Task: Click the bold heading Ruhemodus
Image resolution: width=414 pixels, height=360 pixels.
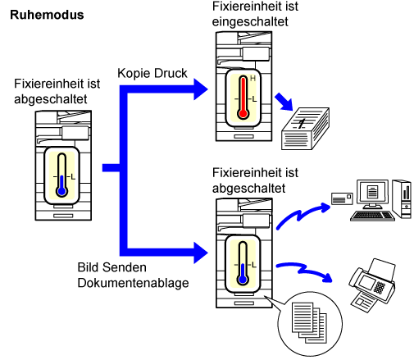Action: coord(47,15)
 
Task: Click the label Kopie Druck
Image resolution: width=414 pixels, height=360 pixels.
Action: coord(152,74)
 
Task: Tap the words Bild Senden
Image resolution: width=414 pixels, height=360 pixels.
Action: coord(111,267)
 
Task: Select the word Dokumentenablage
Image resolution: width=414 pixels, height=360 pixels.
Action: coord(133,283)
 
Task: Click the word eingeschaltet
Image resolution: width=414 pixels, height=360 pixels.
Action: coord(250,21)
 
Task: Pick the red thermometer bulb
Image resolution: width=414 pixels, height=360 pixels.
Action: coord(243,113)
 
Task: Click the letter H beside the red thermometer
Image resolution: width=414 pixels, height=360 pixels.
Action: coord(252,79)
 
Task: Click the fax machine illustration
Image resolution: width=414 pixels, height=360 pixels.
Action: coord(371,285)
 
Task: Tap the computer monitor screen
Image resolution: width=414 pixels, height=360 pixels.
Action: coord(372,191)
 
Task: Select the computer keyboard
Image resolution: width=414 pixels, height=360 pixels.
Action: coord(372,216)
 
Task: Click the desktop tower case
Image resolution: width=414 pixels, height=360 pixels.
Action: coord(402,199)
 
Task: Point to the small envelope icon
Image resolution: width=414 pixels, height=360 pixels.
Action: coord(342,198)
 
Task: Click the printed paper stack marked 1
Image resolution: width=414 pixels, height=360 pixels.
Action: coord(305,129)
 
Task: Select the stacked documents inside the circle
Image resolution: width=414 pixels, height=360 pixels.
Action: coord(309,322)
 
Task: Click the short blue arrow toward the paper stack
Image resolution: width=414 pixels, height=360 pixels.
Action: coord(284,102)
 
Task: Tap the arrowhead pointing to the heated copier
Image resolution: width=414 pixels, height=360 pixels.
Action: coord(201,89)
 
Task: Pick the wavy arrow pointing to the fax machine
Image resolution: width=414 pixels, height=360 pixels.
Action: coord(304,271)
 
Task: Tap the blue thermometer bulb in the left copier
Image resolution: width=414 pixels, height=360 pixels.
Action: coord(62,191)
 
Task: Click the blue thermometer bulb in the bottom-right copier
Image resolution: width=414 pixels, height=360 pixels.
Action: coord(243,280)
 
